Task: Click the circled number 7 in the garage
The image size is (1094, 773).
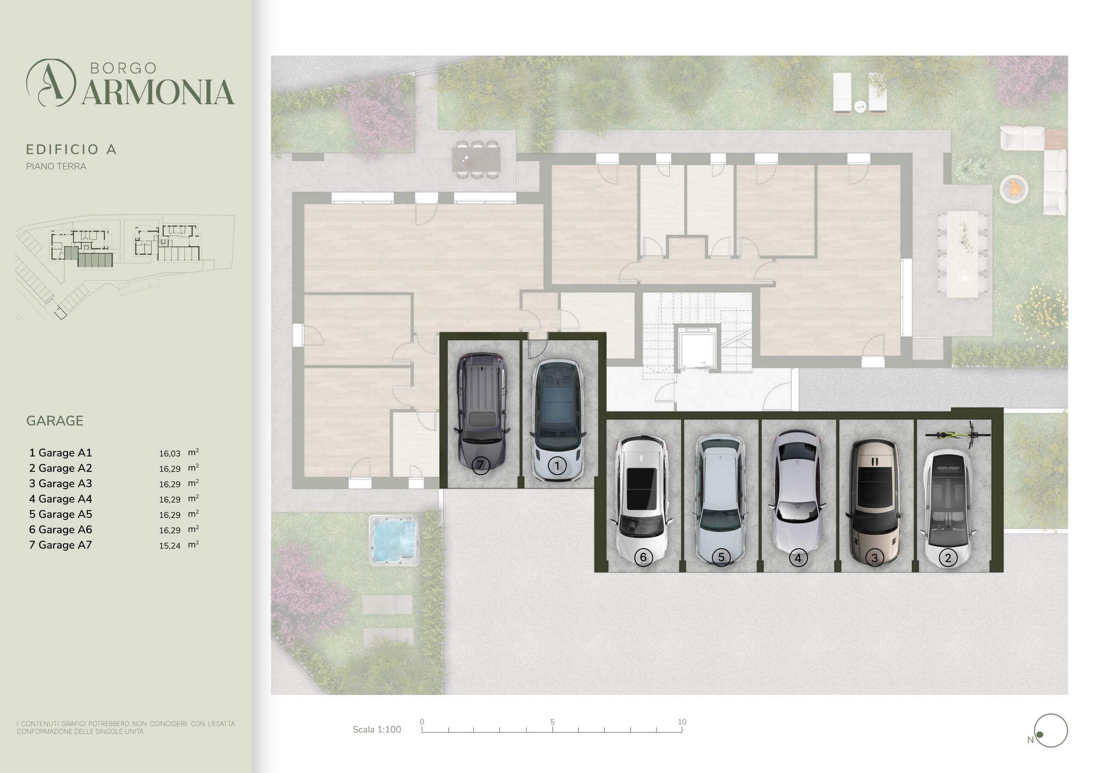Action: click(x=480, y=465)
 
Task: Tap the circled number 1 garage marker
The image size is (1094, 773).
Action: click(x=557, y=466)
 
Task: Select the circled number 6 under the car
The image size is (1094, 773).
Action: click(x=643, y=557)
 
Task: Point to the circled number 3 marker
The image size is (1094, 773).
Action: click(x=874, y=557)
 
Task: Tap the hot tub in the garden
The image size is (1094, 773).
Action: click(x=394, y=540)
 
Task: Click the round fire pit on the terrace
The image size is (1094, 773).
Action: click(x=1014, y=189)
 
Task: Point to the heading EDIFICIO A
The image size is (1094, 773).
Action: click(x=71, y=150)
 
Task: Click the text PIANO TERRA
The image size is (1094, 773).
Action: click(x=56, y=167)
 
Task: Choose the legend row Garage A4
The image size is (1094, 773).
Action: click(x=61, y=499)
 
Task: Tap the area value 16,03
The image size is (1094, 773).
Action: click(x=170, y=454)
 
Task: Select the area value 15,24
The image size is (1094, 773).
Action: click(x=170, y=546)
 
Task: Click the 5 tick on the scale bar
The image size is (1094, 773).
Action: click(x=552, y=722)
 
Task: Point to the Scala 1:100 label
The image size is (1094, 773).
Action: click(x=377, y=730)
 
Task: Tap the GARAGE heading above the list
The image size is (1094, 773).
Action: click(x=55, y=421)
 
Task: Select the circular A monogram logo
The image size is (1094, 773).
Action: click(x=51, y=82)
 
